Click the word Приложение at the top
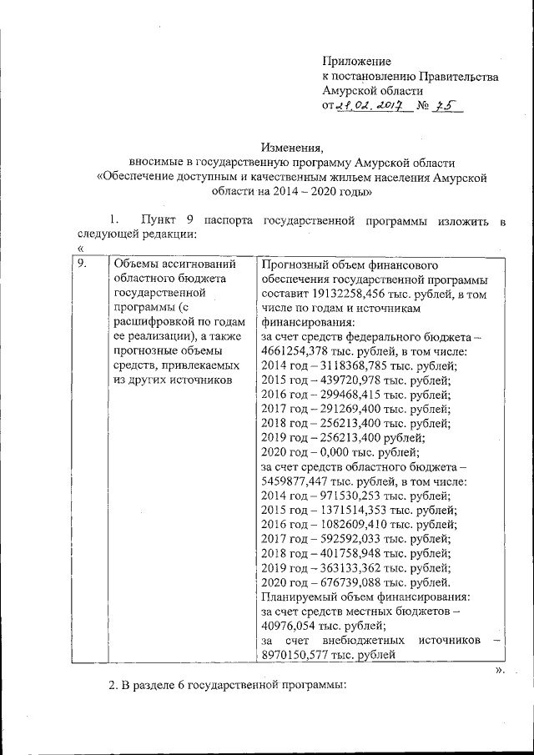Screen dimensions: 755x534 click(x=356, y=62)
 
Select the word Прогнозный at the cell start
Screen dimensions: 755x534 click(x=293, y=264)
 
